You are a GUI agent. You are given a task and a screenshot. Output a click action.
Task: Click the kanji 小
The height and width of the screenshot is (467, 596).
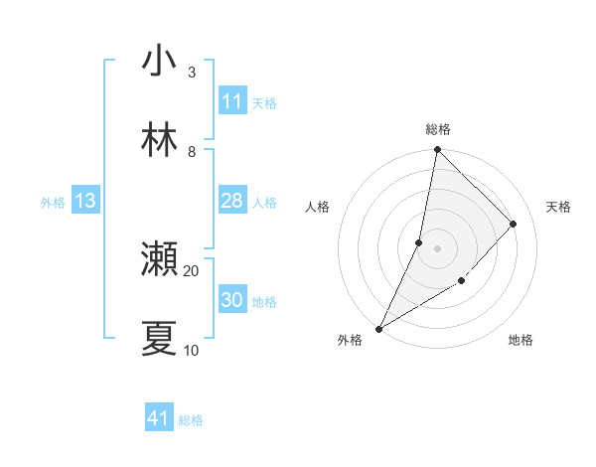[x=159, y=62]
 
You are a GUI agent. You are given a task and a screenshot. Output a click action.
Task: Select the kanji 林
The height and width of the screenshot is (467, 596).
[x=159, y=142]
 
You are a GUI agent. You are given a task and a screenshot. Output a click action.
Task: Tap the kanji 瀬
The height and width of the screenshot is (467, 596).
[x=159, y=259]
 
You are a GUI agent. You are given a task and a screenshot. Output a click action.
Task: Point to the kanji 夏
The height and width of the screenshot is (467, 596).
[x=159, y=339]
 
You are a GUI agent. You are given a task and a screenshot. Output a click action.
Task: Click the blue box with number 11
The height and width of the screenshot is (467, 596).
[x=232, y=101]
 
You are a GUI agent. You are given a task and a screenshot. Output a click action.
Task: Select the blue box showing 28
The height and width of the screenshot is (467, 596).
[x=232, y=202]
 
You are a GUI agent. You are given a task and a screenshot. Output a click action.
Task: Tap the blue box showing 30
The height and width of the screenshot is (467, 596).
[x=232, y=300]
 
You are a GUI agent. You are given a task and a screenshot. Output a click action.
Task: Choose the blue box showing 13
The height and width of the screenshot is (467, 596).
[x=84, y=202]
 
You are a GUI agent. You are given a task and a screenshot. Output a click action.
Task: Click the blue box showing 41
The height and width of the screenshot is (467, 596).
[x=159, y=419]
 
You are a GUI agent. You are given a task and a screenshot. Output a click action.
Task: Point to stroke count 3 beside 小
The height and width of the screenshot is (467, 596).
[x=191, y=73]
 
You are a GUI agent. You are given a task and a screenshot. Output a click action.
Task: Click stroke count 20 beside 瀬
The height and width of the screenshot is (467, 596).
[x=191, y=270]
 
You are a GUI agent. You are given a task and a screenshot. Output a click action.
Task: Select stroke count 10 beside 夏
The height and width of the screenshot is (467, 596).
[x=191, y=350]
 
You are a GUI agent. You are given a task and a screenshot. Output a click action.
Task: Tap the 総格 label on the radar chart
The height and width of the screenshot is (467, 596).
[x=437, y=129]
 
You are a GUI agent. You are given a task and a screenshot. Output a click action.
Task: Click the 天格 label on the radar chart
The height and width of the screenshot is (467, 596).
[x=558, y=207]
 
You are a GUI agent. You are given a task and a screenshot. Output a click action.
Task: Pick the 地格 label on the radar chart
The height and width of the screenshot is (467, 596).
[x=521, y=341]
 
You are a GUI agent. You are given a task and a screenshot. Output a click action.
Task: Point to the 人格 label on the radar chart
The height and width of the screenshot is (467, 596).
[x=317, y=207]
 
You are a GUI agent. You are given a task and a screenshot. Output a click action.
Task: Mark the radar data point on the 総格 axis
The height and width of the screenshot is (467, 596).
[x=437, y=150]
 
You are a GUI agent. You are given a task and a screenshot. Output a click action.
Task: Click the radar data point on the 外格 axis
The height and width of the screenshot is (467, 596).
[x=378, y=329]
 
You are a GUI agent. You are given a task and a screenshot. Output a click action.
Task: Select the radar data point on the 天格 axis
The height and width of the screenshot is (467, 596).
[x=514, y=224]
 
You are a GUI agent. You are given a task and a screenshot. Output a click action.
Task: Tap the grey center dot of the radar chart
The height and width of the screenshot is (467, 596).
[x=437, y=248]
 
